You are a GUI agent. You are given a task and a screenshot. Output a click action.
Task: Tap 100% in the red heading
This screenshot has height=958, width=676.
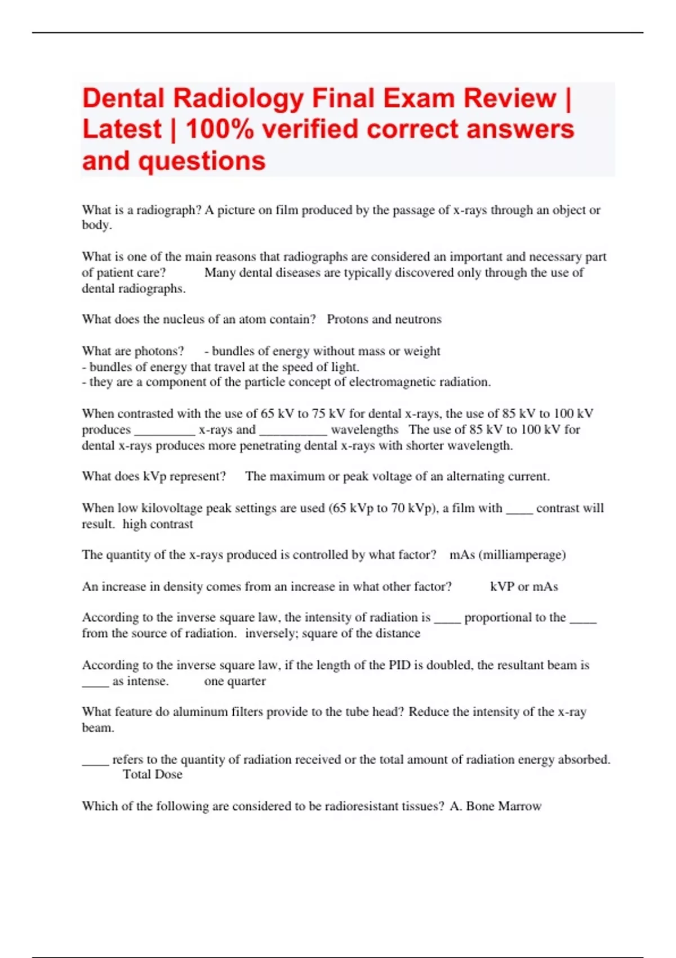click(220, 130)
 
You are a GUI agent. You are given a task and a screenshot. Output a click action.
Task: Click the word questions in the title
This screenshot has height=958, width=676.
click(202, 161)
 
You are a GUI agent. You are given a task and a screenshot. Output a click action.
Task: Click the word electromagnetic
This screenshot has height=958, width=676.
click(387, 382)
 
